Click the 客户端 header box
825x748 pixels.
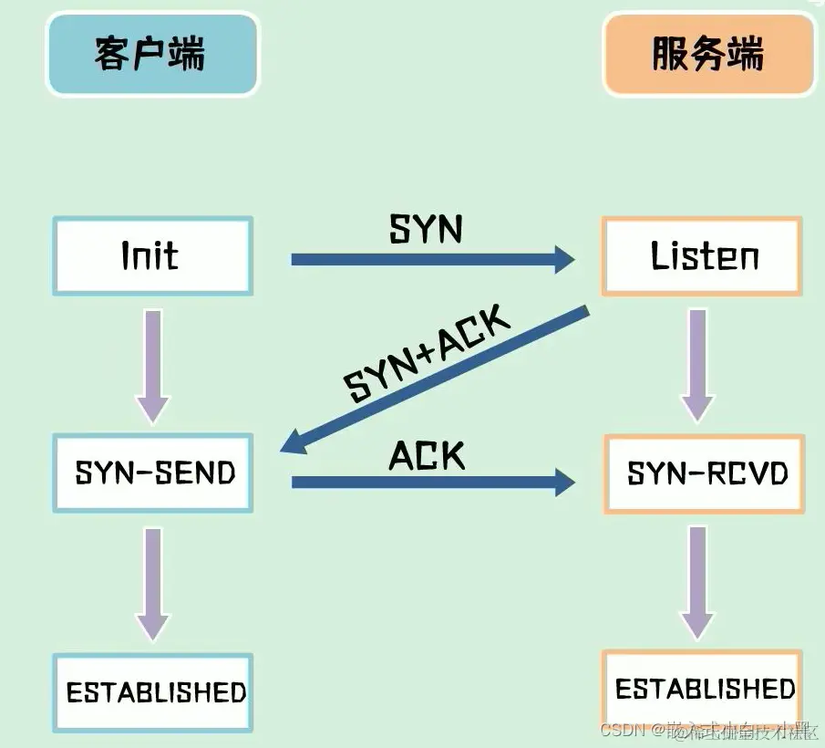tap(152, 54)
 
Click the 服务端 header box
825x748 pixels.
tap(707, 54)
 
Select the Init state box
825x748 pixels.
tap(152, 256)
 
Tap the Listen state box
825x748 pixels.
tap(702, 256)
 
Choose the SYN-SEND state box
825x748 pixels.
tap(152, 473)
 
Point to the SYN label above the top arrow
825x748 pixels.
tap(426, 229)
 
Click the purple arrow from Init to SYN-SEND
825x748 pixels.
tap(152, 365)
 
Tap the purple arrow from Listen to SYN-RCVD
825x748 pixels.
tap(697, 365)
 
